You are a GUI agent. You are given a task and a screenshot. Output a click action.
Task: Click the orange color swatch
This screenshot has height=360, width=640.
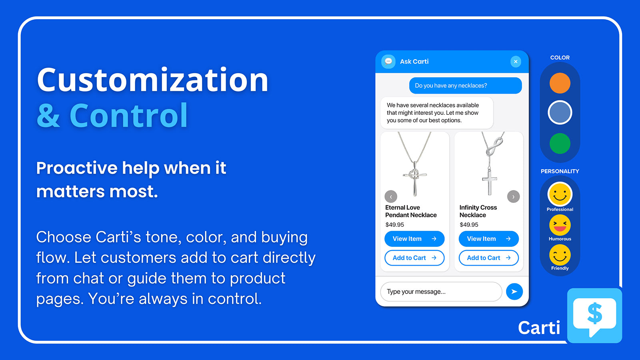560,83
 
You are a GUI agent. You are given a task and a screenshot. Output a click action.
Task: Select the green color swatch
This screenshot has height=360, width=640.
560,144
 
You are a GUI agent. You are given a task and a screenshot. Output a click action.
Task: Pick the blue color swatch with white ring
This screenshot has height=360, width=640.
560,112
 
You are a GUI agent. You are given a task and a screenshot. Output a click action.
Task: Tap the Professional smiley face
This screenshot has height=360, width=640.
560,194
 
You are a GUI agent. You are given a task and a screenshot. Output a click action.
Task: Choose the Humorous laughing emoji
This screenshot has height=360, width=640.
560,225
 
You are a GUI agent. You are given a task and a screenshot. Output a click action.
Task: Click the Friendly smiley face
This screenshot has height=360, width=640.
560,255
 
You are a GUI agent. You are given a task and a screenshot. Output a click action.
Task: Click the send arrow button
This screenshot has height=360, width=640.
514,292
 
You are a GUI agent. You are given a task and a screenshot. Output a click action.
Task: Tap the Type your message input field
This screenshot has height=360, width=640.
441,292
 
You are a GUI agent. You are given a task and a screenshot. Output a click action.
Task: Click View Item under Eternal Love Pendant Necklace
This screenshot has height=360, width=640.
414,238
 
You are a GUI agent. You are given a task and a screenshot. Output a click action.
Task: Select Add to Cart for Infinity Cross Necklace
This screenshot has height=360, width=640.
488,258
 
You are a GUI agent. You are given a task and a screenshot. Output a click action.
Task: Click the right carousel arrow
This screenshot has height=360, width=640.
513,196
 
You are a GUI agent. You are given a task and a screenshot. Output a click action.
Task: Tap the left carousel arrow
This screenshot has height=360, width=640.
391,196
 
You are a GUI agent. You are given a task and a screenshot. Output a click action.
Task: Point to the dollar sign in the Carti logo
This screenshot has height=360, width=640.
594,314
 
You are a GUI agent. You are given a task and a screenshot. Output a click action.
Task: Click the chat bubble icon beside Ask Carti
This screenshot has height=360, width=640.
388,62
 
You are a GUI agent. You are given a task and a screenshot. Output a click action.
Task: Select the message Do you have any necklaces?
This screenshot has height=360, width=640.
466,86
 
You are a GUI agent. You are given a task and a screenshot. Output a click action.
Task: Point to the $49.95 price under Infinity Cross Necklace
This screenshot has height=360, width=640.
469,224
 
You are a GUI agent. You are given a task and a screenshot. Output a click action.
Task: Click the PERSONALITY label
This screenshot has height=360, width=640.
560,171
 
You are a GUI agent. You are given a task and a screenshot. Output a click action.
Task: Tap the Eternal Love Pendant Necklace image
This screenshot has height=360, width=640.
414,164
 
